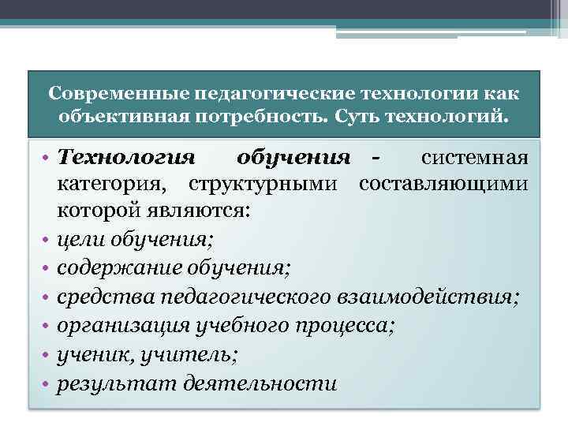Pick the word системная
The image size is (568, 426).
click(x=473, y=157)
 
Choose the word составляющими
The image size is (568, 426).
click(x=442, y=185)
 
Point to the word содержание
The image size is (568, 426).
click(x=114, y=269)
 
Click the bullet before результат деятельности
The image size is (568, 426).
click(x=45, y=383)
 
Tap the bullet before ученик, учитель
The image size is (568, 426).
click(x=45, y=355)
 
